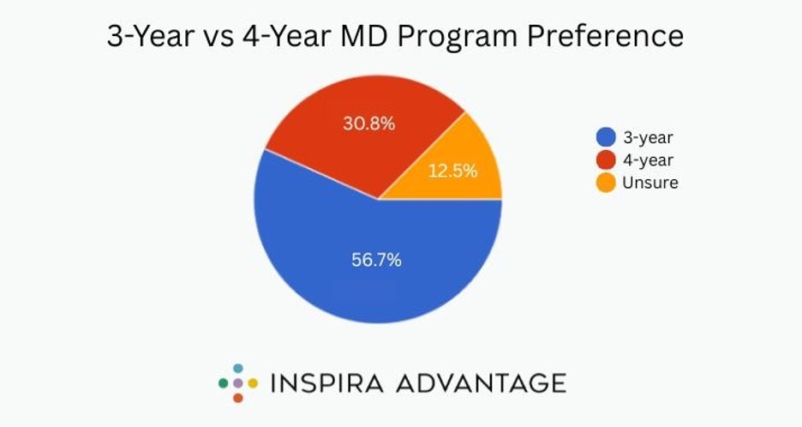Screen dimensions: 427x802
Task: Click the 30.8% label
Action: [x=368, y=123]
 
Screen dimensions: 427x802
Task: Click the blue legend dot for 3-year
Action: [x=606, y=137]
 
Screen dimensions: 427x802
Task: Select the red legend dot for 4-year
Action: [x=606, y=159]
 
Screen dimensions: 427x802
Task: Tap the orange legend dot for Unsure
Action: [x=606, y=182]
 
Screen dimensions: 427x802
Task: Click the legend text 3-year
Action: [x=649, y=137]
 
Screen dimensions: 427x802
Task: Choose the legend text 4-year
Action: [x=649, y=159]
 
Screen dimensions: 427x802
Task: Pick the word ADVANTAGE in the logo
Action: [x=481, y=382]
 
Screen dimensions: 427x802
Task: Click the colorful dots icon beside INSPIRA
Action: [x=237, y=382]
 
